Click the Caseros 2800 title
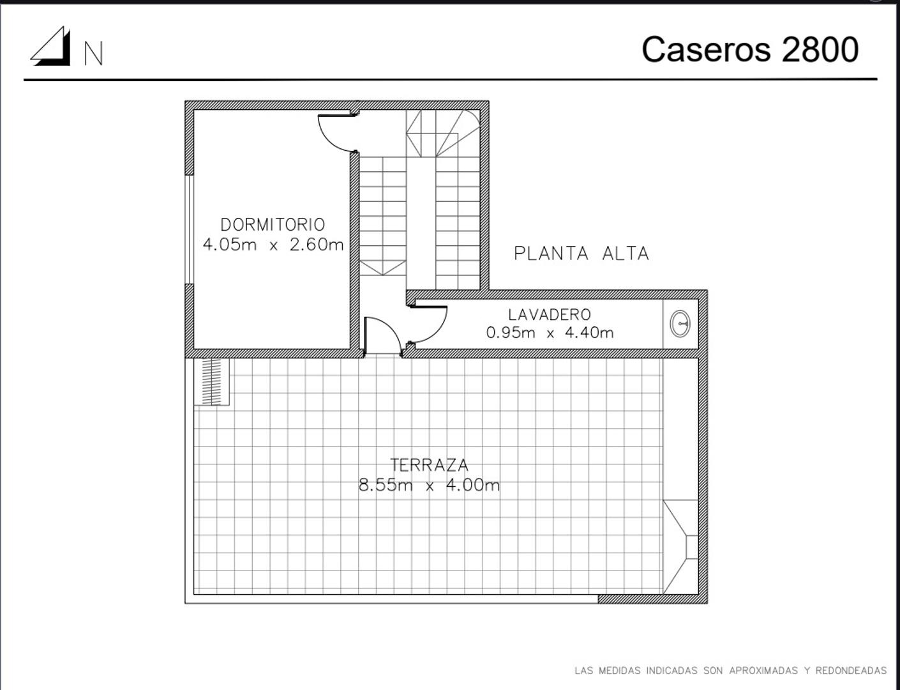tap(750, 50)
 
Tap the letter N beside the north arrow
tap(93, 53)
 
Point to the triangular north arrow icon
tap(50, 46)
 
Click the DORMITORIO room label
tap(273, 225)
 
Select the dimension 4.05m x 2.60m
tap(273, 245)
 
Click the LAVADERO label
tap(549, 315)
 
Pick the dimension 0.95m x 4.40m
tap(550, 333)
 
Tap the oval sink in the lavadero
tap(680, 323)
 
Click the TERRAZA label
tap(429, 465)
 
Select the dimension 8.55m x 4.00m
tap(429, 486)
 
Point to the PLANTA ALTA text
tap(581, 254)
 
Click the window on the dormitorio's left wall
tap(189, 229)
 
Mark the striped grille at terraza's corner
tap(212, 381)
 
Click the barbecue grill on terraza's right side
tap(680, 547)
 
